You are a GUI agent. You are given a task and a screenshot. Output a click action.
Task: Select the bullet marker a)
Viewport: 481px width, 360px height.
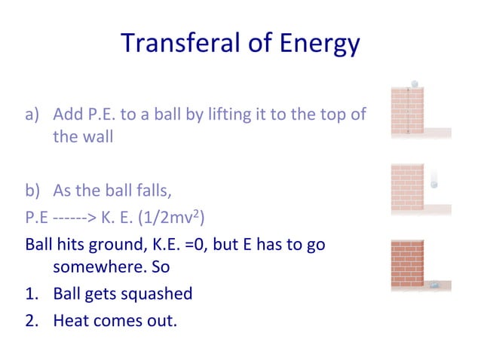point(32,115)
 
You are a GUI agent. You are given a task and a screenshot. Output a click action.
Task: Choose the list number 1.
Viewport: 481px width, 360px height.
point(31,293)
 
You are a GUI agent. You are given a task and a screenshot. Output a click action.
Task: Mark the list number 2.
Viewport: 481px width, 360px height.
point(31,320)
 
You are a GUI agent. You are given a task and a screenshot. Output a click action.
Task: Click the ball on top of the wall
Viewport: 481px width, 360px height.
point(414,84)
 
